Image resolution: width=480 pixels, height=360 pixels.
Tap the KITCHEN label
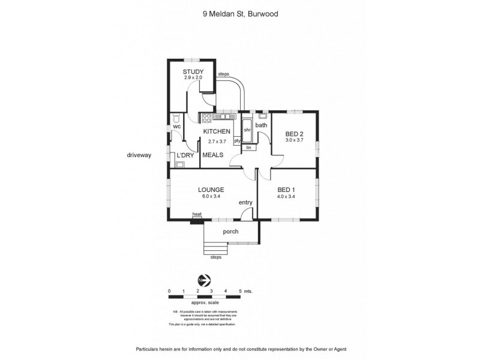(217, 131)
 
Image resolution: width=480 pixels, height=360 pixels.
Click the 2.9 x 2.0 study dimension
(193, 78)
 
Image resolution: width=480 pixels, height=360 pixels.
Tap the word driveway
(139, 155)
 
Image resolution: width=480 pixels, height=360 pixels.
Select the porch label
(230, 232)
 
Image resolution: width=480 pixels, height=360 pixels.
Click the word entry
(246, 203)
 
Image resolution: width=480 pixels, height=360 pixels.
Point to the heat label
(196, 214)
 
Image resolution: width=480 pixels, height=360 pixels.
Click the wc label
(177, 127)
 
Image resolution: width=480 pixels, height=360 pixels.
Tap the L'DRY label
(185, 155)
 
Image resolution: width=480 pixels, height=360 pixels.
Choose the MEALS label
(212, 155)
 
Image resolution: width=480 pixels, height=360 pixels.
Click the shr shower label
(247, 129)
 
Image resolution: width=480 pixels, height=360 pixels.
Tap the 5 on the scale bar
(240, 291)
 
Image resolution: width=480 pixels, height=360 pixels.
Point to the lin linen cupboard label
(248, 146)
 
